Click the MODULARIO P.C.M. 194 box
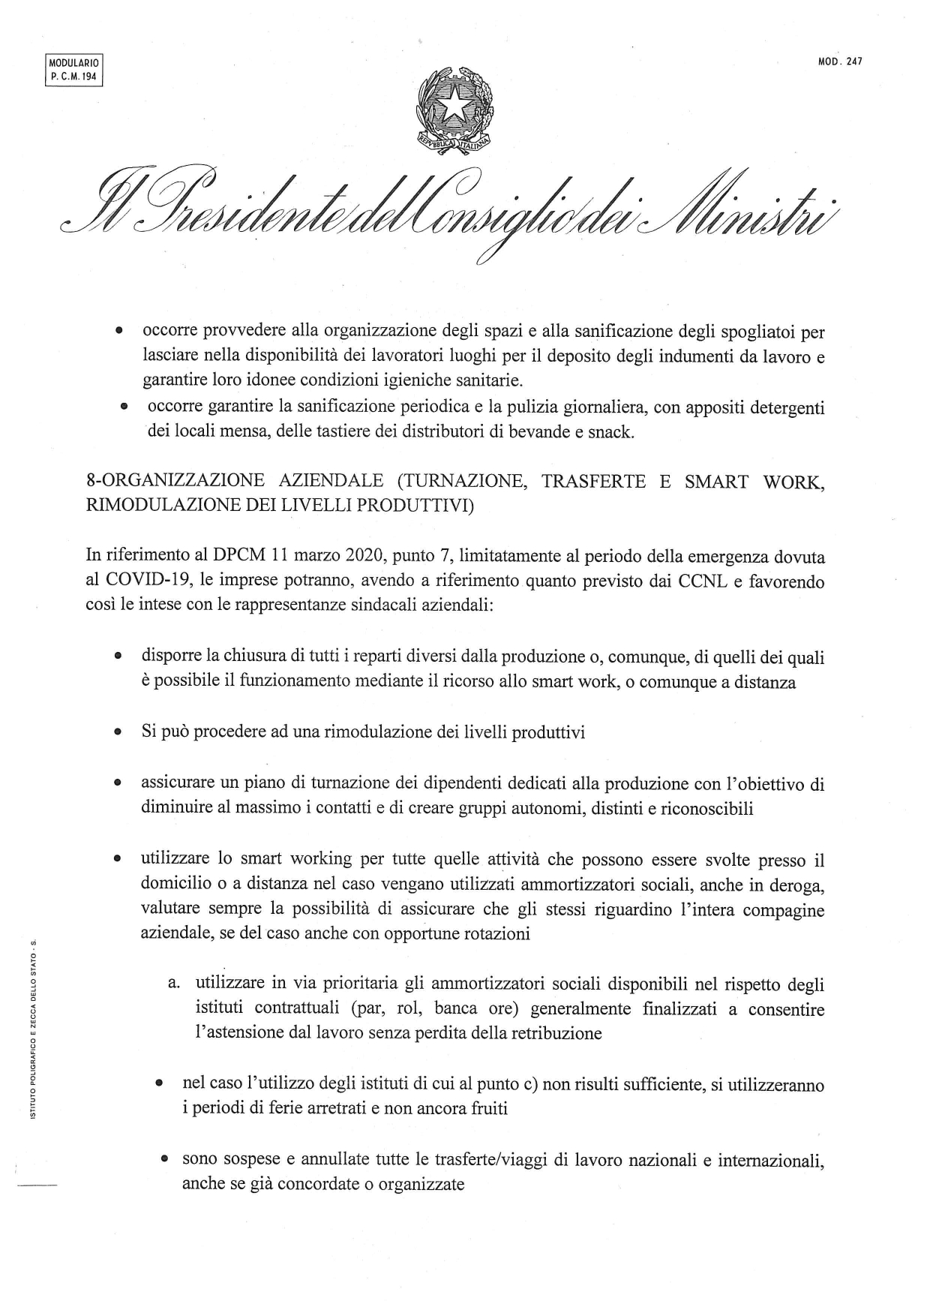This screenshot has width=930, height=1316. [x=73, y=71]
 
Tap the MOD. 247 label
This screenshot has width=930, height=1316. [x=840, y=62]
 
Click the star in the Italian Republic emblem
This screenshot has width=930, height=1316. [x=454, y=107]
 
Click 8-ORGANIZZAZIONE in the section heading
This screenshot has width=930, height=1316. [x=171, y=482]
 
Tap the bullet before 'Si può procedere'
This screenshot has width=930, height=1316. [x=118, y=733]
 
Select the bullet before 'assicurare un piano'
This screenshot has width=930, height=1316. [x=118, y=784]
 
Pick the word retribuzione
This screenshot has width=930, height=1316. [x=556, y=1033]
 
